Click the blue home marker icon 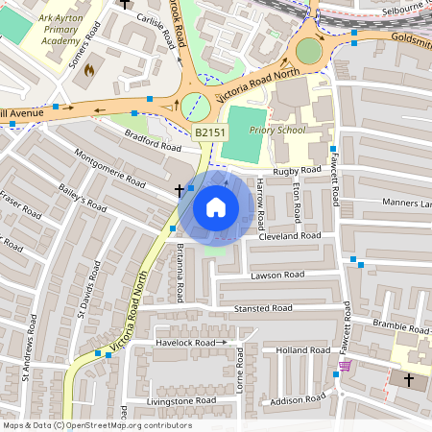pos(216,206)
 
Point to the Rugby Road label pos(295,171)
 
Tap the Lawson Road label pos(277,275)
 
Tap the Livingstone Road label pos(181,400)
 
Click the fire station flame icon pos(90,70)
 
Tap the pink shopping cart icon pos(345,366)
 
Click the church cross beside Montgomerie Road pos(180,192)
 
